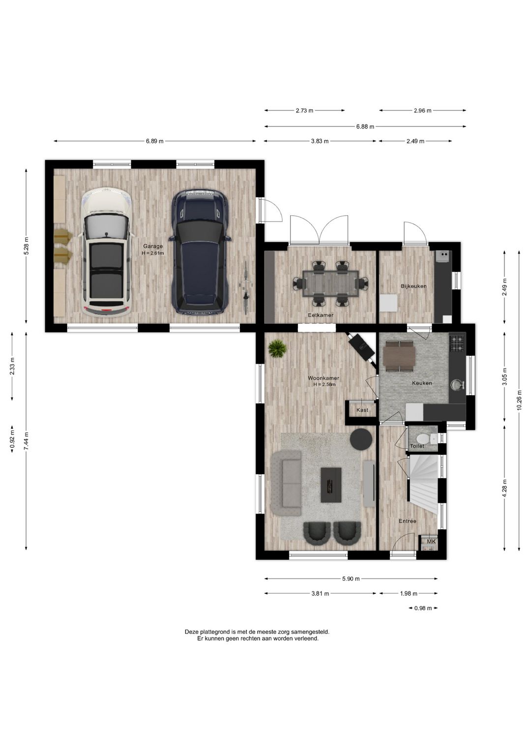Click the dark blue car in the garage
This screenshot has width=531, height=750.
tap(200, 252)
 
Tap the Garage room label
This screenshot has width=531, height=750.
tap(153, 246)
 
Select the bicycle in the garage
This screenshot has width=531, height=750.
tap(246, 288)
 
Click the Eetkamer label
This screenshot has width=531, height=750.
tap(321, 315)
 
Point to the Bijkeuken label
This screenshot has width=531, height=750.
tap(414, 286)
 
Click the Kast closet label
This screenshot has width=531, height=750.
tap(362, 410)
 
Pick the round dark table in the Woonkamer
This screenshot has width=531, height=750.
tap(361, 438)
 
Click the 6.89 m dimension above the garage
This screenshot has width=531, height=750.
tap(154, 141)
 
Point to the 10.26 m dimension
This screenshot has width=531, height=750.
tap(519, 400)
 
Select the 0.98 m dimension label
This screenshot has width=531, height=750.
tap(423, 608)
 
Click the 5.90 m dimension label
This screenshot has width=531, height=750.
tap(351, 578)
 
